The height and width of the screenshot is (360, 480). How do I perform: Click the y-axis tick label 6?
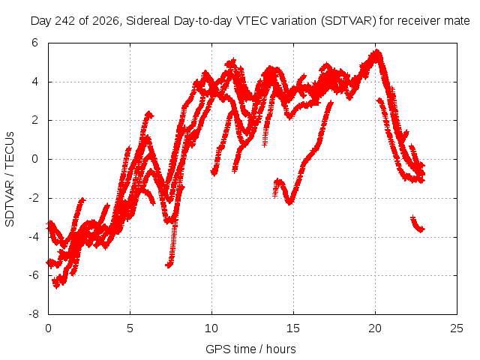[34, 43]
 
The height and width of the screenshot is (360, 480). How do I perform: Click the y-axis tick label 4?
[34, 82]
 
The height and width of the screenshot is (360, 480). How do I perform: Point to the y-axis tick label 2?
[34, 120]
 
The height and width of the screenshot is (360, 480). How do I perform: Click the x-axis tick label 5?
[130, 328]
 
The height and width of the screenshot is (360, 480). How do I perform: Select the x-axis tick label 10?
[211, 328]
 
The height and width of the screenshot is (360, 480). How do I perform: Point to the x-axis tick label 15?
[293, 328]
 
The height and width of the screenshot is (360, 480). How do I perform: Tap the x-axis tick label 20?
[375, 328]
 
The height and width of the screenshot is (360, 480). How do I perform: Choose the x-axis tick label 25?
[457, 328]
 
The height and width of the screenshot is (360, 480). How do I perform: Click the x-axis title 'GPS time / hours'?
[250, 349]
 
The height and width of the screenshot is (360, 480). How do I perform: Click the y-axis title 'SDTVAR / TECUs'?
[10, 179]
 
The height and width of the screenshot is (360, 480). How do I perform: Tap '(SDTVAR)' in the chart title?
[348, 21]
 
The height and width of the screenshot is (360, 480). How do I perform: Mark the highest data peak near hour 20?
[376, 52]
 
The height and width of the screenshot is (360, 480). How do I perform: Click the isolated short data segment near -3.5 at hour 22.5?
[417, 224]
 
